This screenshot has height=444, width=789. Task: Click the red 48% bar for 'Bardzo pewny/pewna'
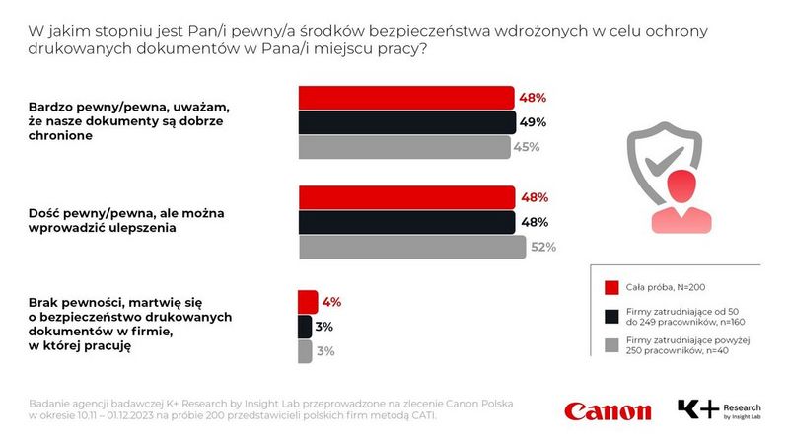(406, 98)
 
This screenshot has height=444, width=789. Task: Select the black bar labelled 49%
(406, 122)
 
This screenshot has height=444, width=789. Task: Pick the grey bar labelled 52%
(412, 247)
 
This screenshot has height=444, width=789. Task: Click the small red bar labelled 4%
(308, 302)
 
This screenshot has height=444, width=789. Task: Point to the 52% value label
(543, 247)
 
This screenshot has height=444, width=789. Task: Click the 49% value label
(534, 122)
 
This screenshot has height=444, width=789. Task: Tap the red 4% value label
(330, 302)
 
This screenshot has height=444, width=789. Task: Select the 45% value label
(526, 147)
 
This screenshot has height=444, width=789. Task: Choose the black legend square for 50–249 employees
(610, 316)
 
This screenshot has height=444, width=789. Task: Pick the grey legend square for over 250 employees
(610, 342)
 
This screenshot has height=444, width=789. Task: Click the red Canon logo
(608, 410)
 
